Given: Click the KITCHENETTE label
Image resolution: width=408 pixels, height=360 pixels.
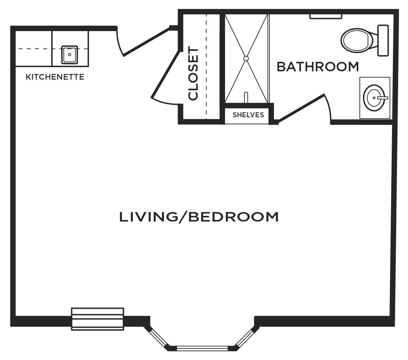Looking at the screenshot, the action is (55, 77).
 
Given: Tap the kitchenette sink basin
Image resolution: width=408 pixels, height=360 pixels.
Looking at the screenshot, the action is (69, 55).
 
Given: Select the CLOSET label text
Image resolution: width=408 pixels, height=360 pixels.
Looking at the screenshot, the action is (193, 73).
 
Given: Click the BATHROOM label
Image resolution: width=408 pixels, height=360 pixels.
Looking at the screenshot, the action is (318, 67).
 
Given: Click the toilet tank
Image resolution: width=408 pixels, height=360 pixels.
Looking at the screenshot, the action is (383, 40).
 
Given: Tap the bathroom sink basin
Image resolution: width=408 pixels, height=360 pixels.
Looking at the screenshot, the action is (374, 98).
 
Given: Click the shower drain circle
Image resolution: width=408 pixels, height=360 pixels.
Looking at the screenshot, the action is (246, 58).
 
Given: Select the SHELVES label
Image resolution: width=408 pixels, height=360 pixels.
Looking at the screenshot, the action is (248, 115).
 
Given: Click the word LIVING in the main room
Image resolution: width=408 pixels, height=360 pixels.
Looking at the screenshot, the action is (148, 217).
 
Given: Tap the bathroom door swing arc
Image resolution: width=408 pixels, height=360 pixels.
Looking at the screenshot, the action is (329, 106).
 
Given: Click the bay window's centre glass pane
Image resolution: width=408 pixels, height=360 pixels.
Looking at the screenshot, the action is (202, 348).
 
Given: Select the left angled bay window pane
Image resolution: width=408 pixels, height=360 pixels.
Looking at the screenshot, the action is (159, 337).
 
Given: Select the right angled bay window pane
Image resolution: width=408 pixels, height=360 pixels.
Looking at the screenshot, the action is (244, 337).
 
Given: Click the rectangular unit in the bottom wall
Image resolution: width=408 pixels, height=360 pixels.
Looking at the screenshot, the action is (98, 319).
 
